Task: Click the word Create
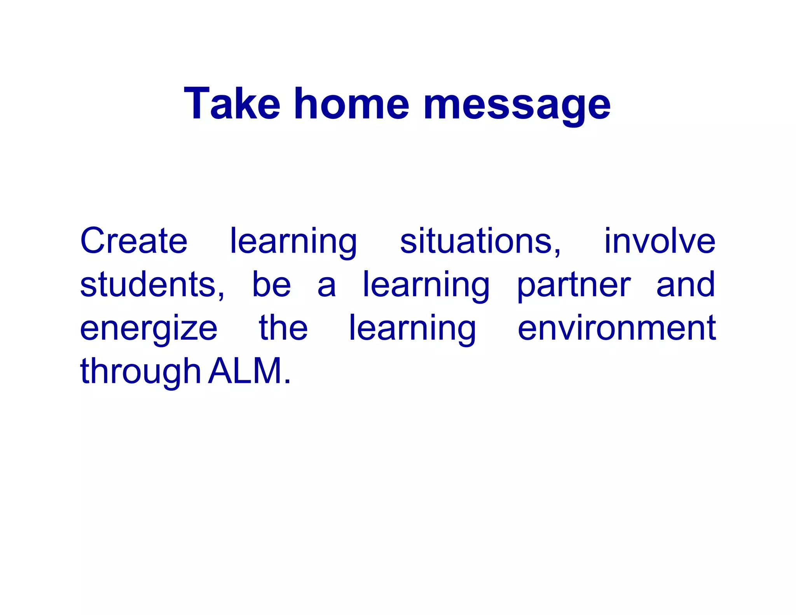pos(134,241)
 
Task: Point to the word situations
pos(480,241)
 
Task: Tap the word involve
pos(660,241)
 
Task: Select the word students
pos(152,285)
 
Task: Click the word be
pos(271,285)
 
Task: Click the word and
pos(686,285)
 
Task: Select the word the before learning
pos(283,328)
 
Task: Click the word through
pos(140,372)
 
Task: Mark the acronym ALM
pos(245,371)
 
